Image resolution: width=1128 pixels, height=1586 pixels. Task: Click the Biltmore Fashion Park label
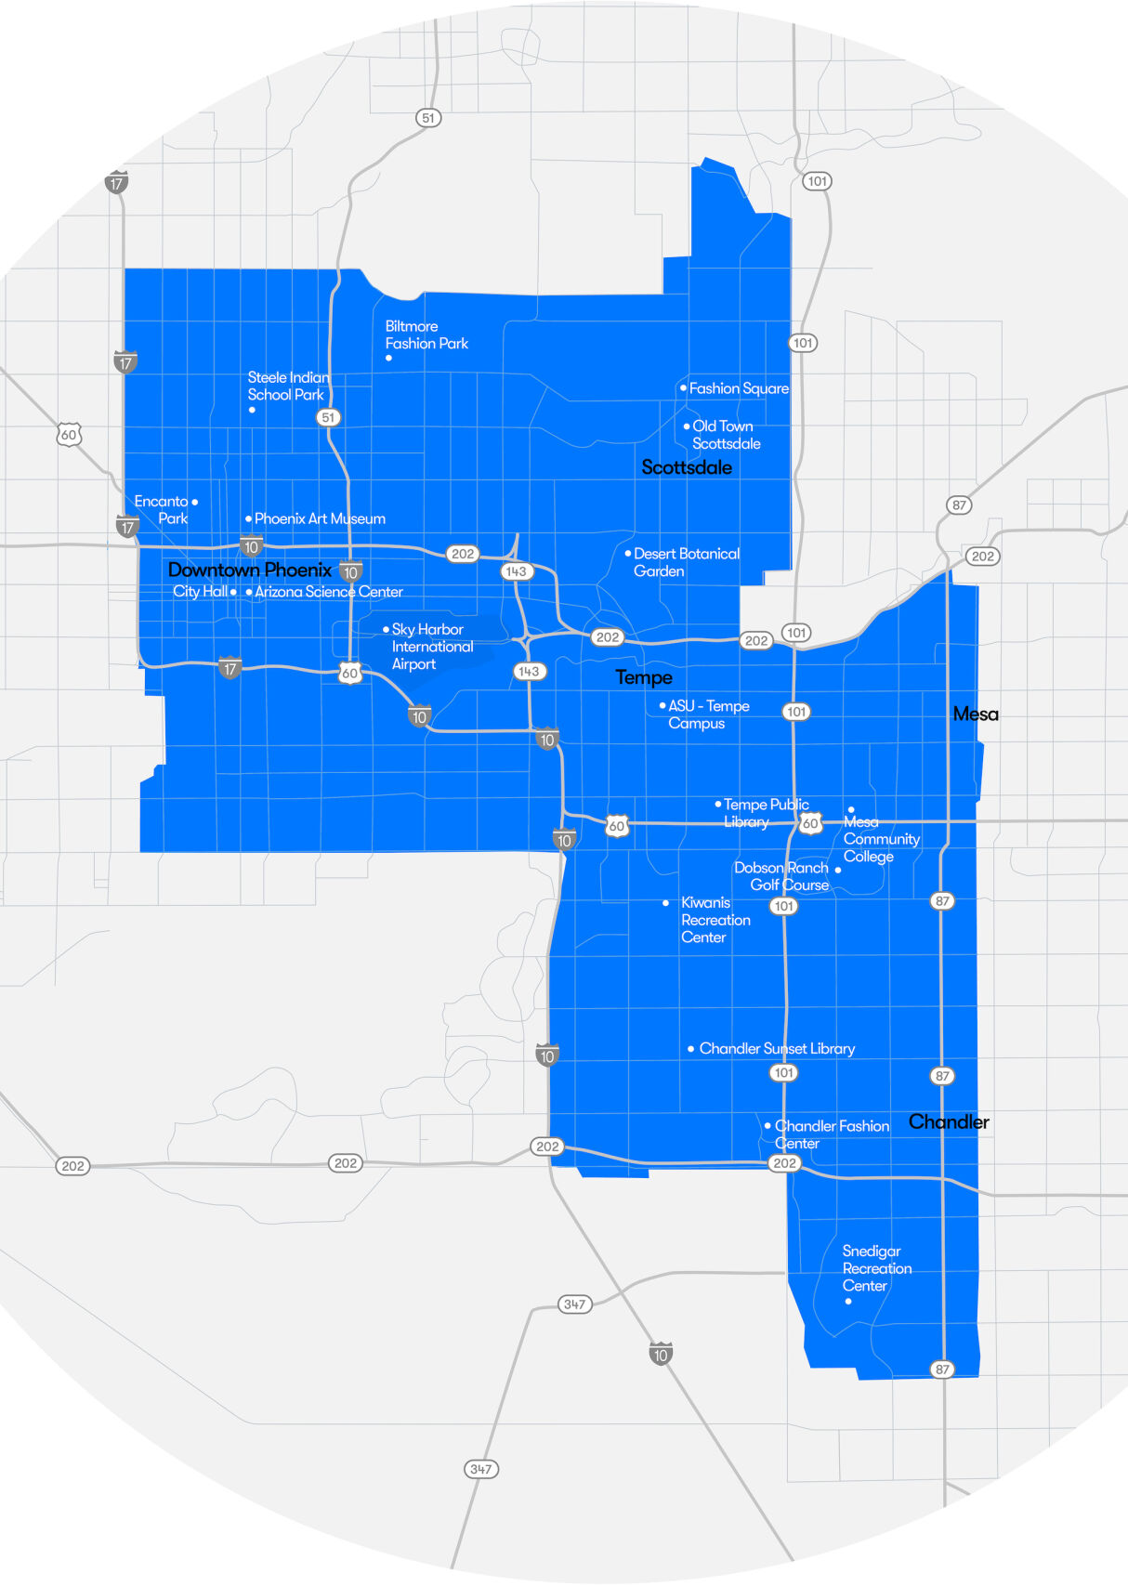(426, 335)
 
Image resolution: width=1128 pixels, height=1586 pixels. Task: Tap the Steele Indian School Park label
(288, 386)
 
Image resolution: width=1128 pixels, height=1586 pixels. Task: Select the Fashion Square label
(739, 388)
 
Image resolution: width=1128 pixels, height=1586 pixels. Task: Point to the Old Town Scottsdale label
(726, 435)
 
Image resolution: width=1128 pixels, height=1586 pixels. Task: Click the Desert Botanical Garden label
(686, 562)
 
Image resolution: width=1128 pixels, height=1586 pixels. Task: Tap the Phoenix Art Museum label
(320, 518)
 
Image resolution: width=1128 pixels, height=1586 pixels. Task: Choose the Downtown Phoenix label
(249, 570)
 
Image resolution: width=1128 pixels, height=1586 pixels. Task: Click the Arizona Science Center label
(328, 592)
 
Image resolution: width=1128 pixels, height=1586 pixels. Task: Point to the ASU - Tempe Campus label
(708, 714)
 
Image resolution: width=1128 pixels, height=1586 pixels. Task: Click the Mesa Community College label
(881, 839)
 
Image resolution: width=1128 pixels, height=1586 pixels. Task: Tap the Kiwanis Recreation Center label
(715, 920)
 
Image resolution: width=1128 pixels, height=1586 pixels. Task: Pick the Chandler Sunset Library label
(777, 1048)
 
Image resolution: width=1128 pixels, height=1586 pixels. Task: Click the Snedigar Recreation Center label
(876, 1268)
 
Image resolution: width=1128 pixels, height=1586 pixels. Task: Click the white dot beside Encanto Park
(194, 502)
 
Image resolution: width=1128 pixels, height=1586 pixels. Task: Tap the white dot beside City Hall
(233, 592)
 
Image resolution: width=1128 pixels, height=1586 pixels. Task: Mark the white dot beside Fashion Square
(683, 388)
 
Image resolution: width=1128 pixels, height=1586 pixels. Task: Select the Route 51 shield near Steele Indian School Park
(328, 418)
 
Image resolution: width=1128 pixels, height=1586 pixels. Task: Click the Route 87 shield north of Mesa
(959, 505)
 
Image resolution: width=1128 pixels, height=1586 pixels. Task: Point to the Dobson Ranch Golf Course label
(781, 876)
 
